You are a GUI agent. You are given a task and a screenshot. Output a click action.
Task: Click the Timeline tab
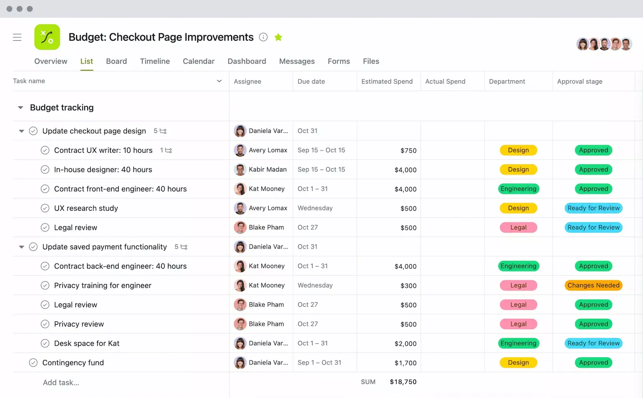pos(155,61)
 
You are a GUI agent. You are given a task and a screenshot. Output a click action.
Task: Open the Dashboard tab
pos(246,61)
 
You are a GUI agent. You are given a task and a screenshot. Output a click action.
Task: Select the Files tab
pos(371,61)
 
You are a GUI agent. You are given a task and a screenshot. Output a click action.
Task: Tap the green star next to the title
pos(278,37)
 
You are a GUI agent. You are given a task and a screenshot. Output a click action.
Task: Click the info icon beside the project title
pos(263,37)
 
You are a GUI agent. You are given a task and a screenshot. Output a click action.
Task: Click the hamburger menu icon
pos(17,37)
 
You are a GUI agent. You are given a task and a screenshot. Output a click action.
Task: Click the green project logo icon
pos(47,37)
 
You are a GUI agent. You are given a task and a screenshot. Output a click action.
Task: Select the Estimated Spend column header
pos(387,81)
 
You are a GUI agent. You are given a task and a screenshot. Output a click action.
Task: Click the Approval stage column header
pos(579,81)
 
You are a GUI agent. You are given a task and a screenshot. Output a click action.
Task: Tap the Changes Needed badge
pos(593,285)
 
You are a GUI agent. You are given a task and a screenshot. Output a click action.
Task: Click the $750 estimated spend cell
pos(408,151)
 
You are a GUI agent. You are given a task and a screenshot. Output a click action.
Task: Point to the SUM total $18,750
pos(403,382)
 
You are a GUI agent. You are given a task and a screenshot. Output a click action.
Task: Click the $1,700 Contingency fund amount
pos(405,363)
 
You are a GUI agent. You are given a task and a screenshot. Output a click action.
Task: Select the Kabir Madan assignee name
pos(268,169)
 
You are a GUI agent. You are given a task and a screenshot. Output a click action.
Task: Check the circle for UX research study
pos(45,208)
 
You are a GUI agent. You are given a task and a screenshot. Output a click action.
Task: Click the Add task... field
pos(61,382)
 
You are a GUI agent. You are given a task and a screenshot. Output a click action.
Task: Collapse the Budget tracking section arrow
pos(21,108)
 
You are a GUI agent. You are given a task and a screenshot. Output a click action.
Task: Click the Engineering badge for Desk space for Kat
pos(518,343)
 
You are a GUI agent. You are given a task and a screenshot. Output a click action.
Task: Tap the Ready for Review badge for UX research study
pos(593,208)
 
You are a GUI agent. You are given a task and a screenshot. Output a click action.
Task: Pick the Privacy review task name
pos(79,324)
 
